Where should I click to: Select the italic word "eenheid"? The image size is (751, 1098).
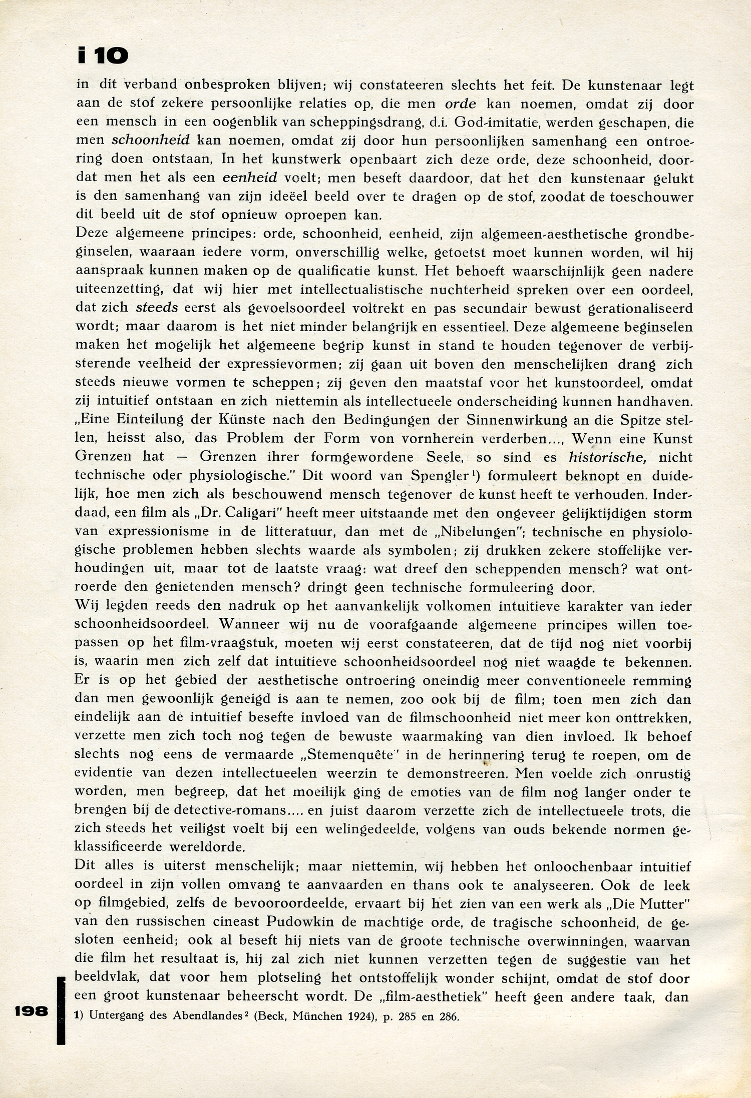(250, 178)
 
